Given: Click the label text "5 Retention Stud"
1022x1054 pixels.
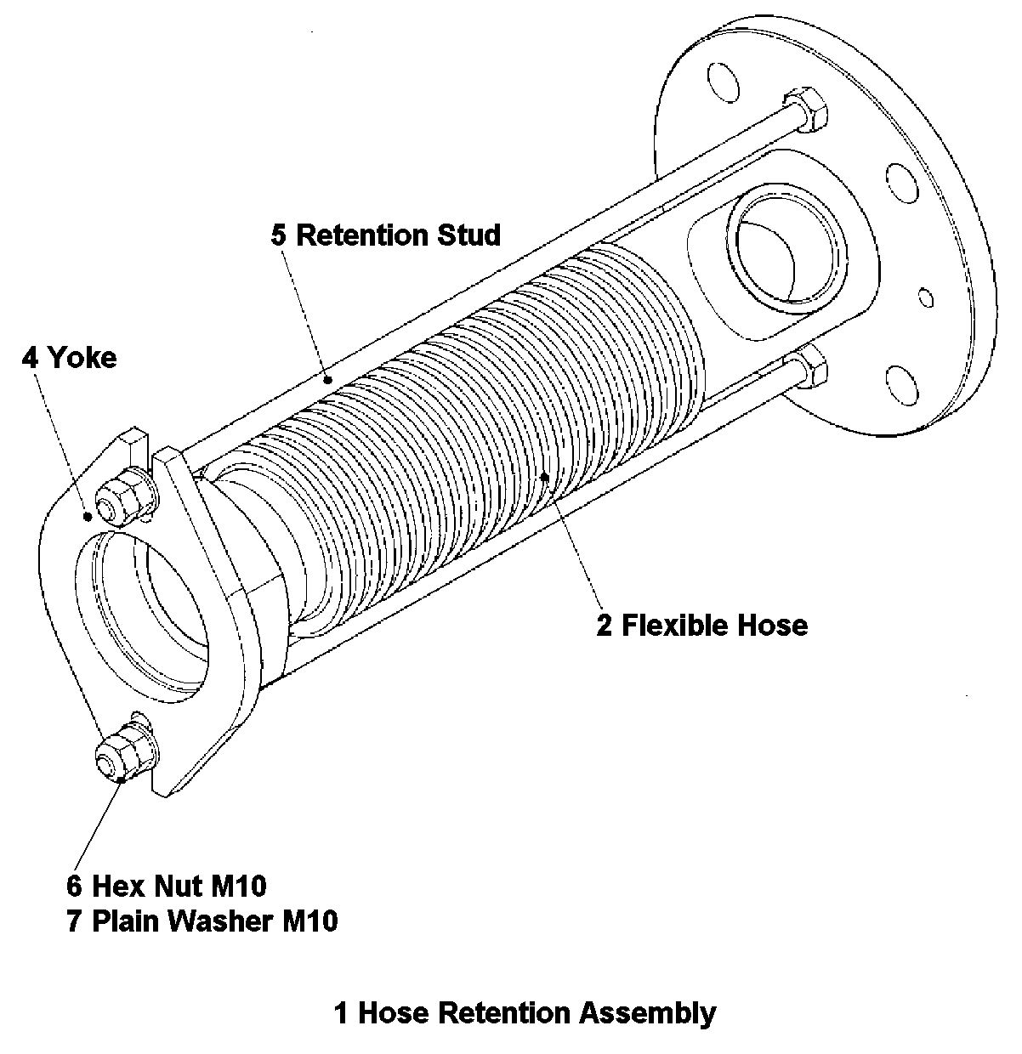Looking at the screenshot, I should pyautogui.click(x=386, y=235).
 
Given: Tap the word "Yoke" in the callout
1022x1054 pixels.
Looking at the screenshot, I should pyautogui.click(x=82, y=357).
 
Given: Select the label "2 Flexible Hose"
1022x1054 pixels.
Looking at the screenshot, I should pyautogui.click(x=701, y=626).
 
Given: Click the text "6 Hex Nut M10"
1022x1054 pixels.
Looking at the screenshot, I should pyautogui.click(x=167, y=886).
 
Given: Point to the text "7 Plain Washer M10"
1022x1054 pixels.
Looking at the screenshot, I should pyautogui.click(x=202, y=921).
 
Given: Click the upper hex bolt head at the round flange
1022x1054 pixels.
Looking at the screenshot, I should pyautogui.click(x=805, y=108).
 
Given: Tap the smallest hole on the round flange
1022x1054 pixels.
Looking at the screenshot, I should pyautogui.click(x=923, y=297).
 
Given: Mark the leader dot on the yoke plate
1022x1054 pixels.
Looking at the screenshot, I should pyautogui.click(x=87, y=516).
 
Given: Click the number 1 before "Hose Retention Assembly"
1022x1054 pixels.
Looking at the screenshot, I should pyautogui.click(x=341, y=1012).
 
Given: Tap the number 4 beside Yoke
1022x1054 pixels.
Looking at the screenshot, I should pyautogui.click(x=30, y=357).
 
